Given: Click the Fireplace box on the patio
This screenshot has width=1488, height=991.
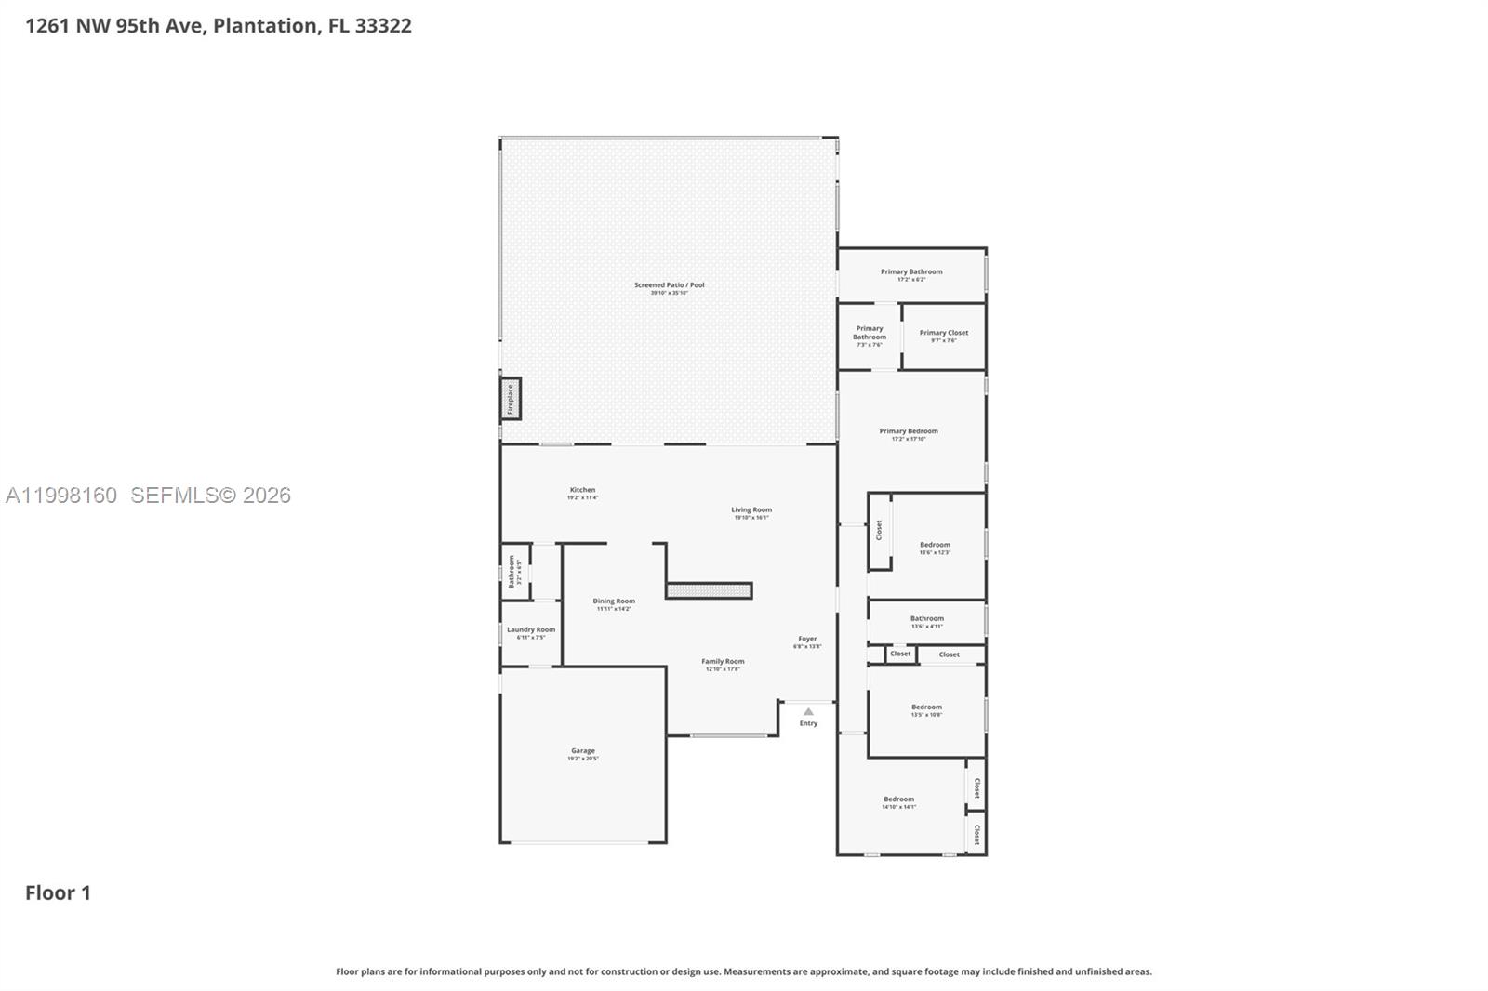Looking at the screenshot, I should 511,399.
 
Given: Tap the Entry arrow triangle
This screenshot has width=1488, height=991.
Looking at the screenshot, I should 808,712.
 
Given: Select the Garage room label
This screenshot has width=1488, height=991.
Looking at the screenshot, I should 583,751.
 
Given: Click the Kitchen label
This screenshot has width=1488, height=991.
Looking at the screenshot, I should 582,490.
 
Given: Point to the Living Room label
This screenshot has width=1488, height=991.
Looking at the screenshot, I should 751,510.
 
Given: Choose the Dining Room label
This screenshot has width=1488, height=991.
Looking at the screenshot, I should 614,601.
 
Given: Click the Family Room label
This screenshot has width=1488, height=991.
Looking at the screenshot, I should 723,662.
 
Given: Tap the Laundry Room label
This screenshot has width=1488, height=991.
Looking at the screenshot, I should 531,630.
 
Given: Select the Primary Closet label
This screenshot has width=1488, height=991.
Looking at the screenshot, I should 944,333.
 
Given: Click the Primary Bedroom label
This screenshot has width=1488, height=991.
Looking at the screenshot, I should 909,431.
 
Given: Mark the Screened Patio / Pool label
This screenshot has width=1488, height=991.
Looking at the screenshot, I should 670,285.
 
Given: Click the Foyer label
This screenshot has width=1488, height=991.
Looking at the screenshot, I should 807,640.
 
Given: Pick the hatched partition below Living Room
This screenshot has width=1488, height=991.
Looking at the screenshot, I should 709,590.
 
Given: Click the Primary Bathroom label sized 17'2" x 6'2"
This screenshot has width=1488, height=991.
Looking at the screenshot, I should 911,272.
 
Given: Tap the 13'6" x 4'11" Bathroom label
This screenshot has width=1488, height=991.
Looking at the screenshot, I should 927,619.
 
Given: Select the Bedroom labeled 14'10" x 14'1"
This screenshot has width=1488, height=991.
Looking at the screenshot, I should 898,799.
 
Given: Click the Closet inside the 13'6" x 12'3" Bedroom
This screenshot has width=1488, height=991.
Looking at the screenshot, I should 879,530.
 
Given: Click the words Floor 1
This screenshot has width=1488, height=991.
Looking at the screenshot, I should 58,892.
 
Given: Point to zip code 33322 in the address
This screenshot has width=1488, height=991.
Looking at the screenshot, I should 383,26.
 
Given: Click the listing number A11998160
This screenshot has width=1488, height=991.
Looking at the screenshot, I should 61,495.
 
